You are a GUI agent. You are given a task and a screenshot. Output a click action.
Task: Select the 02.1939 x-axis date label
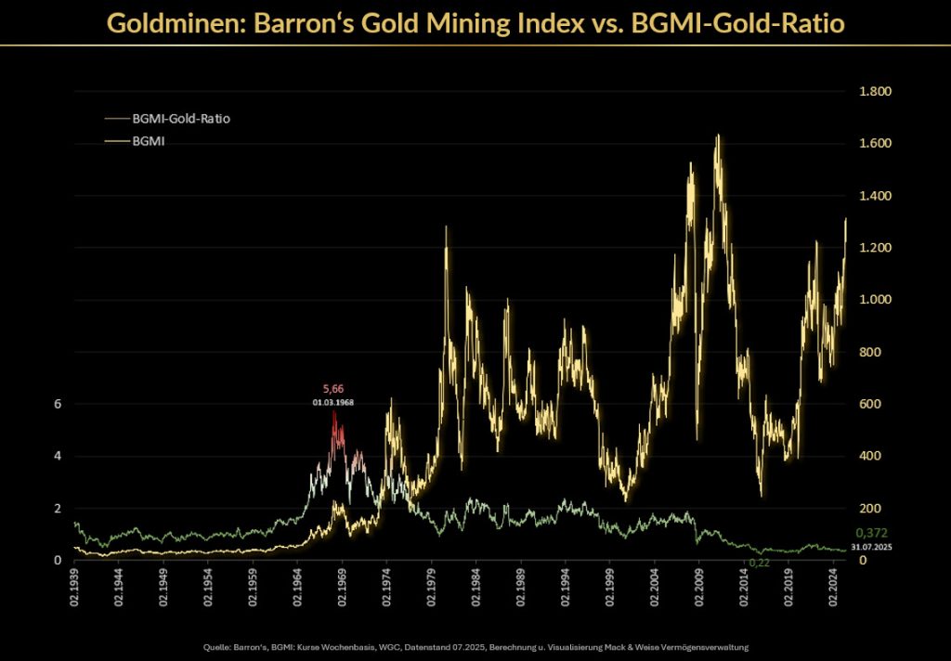pos(76,589)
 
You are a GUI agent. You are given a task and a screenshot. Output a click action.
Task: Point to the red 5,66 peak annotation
pos(332,389)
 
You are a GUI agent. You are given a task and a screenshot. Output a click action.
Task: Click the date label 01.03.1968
pos(332,403)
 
